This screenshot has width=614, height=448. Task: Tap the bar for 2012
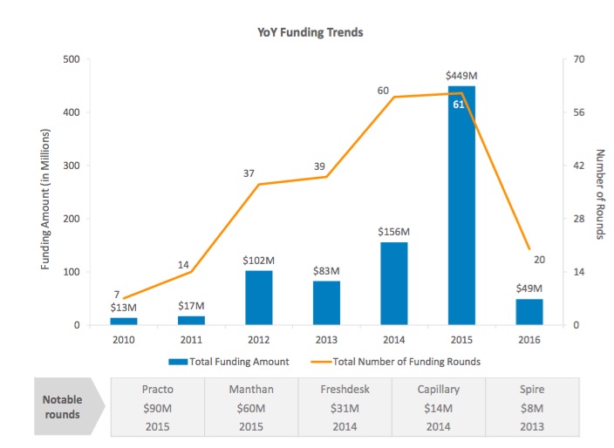click(x=259, y=298)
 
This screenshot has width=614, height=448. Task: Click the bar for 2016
click(x=529, y=312)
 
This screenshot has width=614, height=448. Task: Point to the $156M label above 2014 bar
click(x=393, y=232)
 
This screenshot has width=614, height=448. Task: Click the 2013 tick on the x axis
click(x=326, y=339)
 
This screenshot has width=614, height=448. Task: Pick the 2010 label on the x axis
click(x=124, y=339)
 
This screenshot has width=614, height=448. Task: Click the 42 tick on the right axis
click(x=576, y=166)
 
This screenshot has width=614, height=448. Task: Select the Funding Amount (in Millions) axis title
click(x=45, y=199)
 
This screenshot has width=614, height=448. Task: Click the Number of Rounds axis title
click(x=600, y=194)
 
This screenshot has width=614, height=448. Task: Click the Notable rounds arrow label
click(x=64, y=406)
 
